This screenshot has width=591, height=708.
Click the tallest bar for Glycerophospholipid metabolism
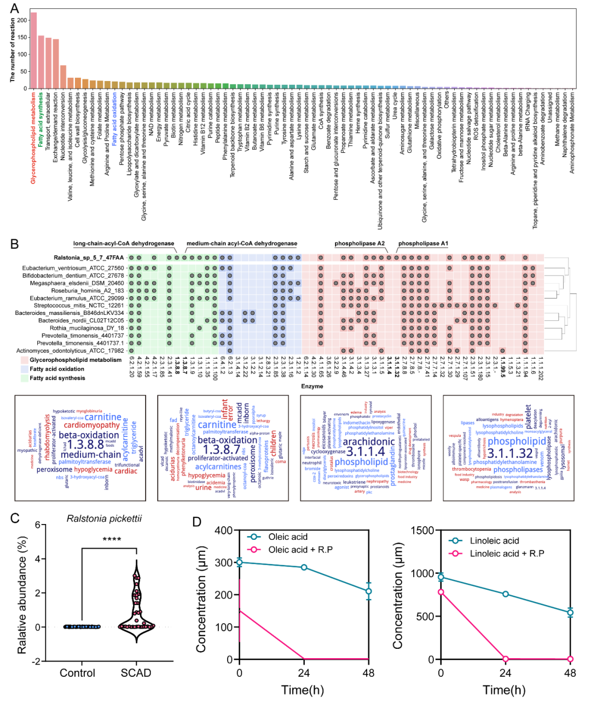point(33,50)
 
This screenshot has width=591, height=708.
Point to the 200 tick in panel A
point(22,20)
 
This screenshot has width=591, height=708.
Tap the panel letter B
point(14,244)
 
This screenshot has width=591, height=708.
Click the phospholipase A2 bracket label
point(360,244)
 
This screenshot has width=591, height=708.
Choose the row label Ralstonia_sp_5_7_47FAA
point(89,257)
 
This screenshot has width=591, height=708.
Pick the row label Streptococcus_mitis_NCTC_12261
point(79,306)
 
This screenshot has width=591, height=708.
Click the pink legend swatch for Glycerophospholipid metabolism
point(24,360)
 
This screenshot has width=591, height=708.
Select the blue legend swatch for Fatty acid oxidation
point(24,369)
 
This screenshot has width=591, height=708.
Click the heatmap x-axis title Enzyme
point(312,386)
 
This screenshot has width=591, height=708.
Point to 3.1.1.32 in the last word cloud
point(510,453)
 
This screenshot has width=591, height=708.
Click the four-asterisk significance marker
point(112,540)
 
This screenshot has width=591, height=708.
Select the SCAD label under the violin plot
point(136,673)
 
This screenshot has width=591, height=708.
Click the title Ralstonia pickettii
point(104,519)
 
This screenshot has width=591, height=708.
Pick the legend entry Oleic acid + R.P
point(300,550)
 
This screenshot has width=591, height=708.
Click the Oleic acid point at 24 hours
point(304,567)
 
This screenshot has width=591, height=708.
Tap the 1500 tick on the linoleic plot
point(424,530)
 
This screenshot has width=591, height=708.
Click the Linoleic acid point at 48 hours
point(570,613)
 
